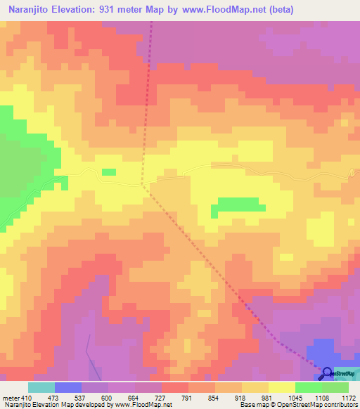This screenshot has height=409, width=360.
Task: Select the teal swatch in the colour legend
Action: click(41, 387)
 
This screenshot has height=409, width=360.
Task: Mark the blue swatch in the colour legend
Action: click(67, 387)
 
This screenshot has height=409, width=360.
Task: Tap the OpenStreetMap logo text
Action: click(345, 373)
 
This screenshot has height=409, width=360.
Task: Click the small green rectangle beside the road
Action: click(109, 171)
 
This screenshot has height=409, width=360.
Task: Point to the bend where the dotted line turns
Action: click(142, 185)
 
